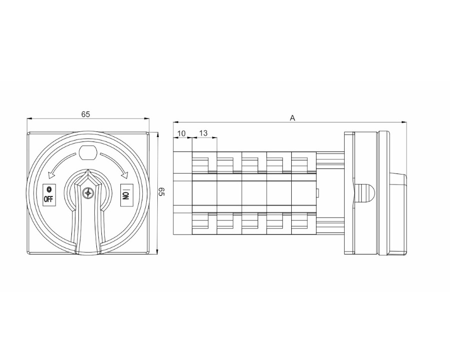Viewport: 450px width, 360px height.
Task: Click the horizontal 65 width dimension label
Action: click(86, 114)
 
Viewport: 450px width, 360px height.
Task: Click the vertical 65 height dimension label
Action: click(162, 192)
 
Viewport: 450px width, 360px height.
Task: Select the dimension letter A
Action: click(293, 118)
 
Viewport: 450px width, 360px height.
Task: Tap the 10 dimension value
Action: click(181, 133)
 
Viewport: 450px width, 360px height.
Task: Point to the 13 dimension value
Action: click(204, 133)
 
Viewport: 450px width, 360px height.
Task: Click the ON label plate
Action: click(126, 193)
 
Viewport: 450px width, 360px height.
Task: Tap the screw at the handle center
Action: click(88, 193)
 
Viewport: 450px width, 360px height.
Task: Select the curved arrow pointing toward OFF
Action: click(59, 166)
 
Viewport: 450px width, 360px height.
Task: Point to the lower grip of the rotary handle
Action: click(88, 235)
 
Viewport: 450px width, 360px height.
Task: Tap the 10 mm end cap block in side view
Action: click(182, 193)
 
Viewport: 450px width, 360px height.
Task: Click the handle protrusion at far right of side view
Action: click(398, 193)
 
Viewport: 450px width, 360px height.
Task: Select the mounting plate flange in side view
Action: click(349, 193)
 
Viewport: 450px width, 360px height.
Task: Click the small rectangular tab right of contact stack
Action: click(318, 193)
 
